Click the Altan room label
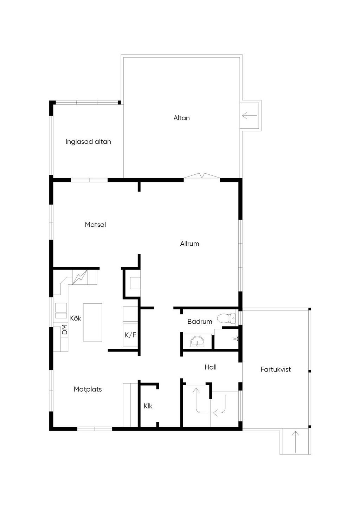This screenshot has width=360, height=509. [181, 118]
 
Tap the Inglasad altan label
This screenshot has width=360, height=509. [88, 142]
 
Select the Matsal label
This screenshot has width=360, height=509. [96, 225]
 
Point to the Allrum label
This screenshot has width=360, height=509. [189, 244]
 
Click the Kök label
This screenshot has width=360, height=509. [76, 318]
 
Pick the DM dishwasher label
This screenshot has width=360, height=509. [65, 329]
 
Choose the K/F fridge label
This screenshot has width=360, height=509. [130, 335]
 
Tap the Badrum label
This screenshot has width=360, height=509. [200, 322]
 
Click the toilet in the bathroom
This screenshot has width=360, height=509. [226, 318]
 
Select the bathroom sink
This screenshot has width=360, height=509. [197, 342]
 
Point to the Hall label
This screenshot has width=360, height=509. [211, 367]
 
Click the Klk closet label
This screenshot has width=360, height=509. [148, 406]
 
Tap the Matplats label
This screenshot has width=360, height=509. [88, 389]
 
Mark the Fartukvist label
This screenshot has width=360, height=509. [276, 369]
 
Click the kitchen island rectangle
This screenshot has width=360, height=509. [92, 322]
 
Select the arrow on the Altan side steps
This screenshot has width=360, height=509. [250, 116]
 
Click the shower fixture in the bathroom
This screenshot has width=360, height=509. [236, 339]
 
